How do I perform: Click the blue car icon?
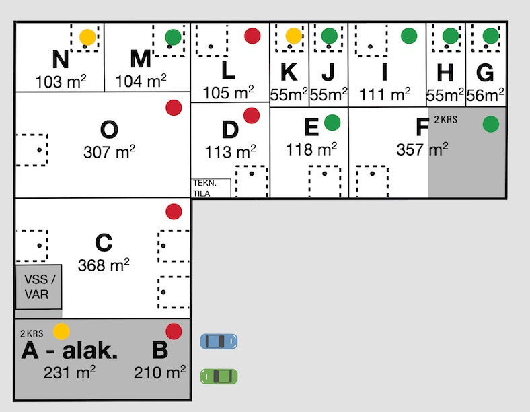coord(219,341)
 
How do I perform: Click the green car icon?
coord(219,376)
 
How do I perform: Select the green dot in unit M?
coord(174,37)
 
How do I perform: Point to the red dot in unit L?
coord(252,36)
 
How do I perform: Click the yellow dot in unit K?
coord(293,36)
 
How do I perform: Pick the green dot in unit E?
coord(332,123)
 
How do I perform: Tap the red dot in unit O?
coord(174,108)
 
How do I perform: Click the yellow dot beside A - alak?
coord(61,331)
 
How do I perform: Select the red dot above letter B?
coord(174,331)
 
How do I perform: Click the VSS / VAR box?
coord(39,287)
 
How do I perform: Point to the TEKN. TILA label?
coord(211,188)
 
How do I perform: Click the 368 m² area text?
coord(104,265)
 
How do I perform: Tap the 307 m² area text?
coord(109,151)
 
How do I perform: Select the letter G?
coord(485,72)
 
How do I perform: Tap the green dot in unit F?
coord(492,124)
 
